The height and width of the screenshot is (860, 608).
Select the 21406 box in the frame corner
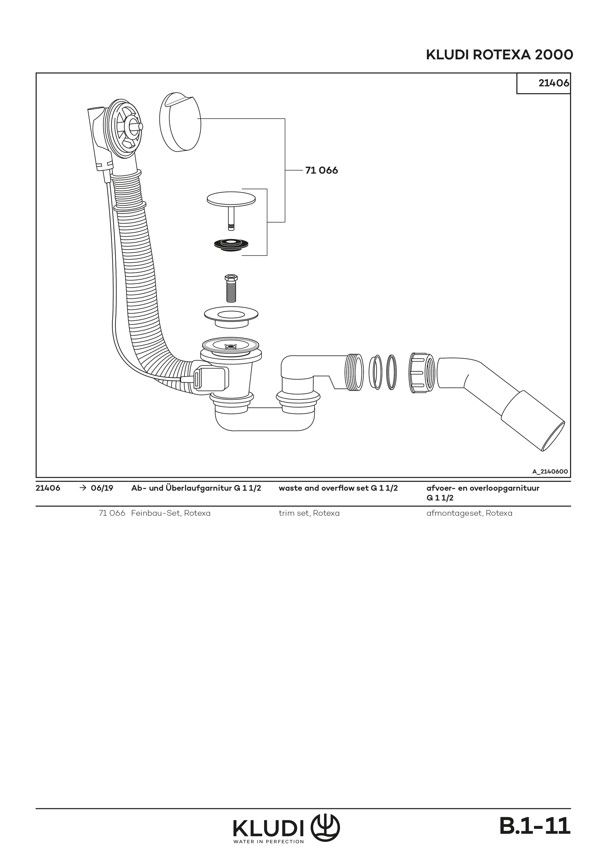(x=543, y=83)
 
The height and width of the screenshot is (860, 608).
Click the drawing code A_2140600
(x=550, y=472)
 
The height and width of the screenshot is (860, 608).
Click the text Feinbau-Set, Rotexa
(x=171, y=513)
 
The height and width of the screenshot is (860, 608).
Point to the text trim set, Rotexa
(x=309, y=513)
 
